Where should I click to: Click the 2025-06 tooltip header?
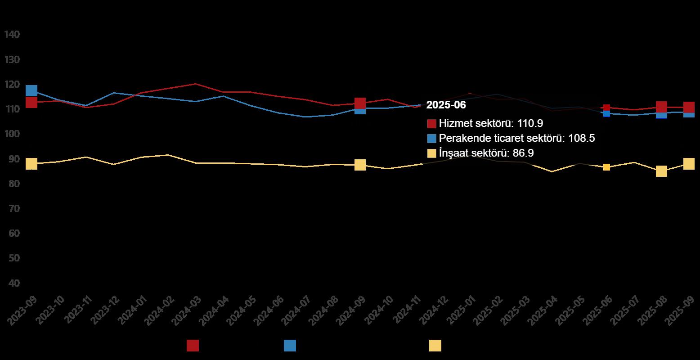coord(446,105)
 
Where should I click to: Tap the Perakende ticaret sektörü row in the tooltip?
coord(511,138)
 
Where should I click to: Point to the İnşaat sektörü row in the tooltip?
coord(480,153)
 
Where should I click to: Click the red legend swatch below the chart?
coord(193,346)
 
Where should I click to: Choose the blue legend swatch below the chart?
coord(290,346)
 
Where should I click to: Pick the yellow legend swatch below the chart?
coord(435,346)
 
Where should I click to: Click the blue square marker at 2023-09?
coord(31,90)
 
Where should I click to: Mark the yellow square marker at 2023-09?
coord(31,164)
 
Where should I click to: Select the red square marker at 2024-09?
coord(360,103)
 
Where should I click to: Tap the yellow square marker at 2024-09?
coord(360,165)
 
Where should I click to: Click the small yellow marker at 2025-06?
coord(606,167)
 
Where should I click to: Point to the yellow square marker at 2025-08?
coord(661,171)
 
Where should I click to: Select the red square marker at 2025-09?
coord(689,107)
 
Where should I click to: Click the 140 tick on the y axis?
coord(12,35)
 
